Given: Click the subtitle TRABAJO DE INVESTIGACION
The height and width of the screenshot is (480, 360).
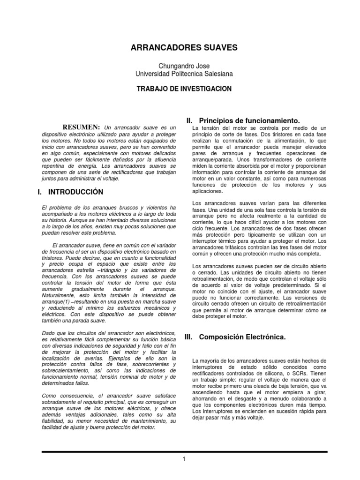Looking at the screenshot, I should coord(184,89).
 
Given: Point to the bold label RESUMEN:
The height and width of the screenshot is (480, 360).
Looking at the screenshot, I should coord(82,127).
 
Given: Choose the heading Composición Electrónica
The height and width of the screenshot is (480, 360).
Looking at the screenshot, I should coord(248,337).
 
